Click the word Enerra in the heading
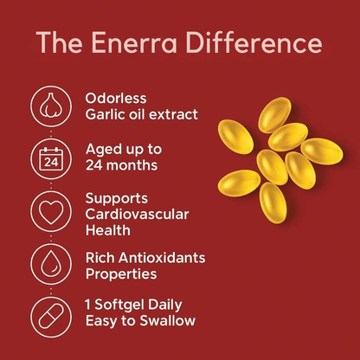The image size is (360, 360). pyautogui.click(x=140, y=43)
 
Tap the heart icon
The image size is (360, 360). pyautogui.click(x=51, y=210)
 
